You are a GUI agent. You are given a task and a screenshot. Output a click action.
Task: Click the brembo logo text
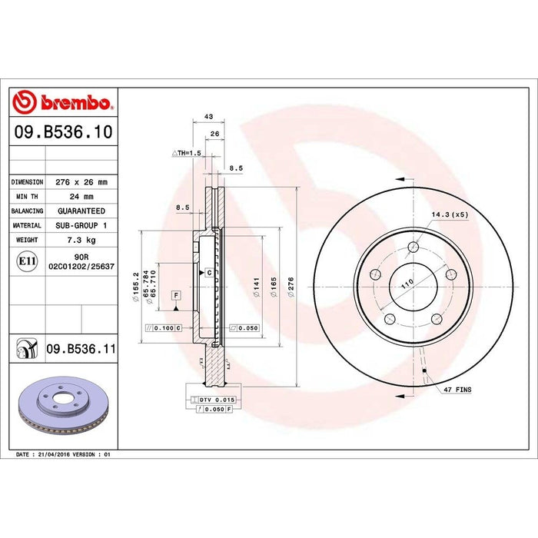76,102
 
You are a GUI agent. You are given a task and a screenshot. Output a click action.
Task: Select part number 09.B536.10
64,132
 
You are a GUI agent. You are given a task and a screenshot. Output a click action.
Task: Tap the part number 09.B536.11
81,349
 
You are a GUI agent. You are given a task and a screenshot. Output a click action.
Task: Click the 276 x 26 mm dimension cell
81,182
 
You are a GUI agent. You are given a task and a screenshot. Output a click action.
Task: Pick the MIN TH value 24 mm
81,197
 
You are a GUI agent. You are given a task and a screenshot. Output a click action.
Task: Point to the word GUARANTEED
81,211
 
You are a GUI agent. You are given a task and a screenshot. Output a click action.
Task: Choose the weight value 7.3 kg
81,240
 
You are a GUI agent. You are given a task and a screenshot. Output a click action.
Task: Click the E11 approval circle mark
27,261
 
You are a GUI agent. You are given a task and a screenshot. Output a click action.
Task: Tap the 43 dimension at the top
208,117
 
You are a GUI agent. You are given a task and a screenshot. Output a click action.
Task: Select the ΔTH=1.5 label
186,153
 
